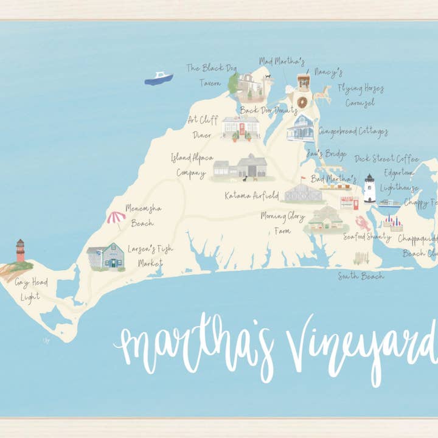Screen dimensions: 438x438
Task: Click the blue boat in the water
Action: pyautogui.click(x=159, y=78)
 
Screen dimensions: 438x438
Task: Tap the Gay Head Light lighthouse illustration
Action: pyautogui.click(x=20, y=251)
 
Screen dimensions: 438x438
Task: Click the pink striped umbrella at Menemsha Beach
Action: pyautogui.click(x=116, y=217)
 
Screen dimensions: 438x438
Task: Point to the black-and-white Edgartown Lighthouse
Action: pyautogui.click(x=369, y=189)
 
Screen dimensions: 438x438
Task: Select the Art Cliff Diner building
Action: pyautogui.click(x=240, y=127)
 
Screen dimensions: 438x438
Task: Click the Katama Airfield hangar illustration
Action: pyautogui.click(x=303, y=193)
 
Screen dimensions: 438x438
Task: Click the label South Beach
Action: pyautogui.click(x=361, y=276)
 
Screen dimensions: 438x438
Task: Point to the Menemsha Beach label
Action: pyautogui.click(x=143, y=215)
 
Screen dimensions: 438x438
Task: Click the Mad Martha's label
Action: pyautogui.click(x=282, y=61)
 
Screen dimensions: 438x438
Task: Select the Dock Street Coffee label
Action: pyautogui.click(x=387, y=159)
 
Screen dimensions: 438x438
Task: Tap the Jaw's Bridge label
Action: pyautogui.click(x=327, y=153)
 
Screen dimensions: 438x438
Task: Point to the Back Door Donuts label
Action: pyautogui.click(x=268, y=110)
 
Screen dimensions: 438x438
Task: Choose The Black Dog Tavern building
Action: pyautogui.click(x=249, y=87)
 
